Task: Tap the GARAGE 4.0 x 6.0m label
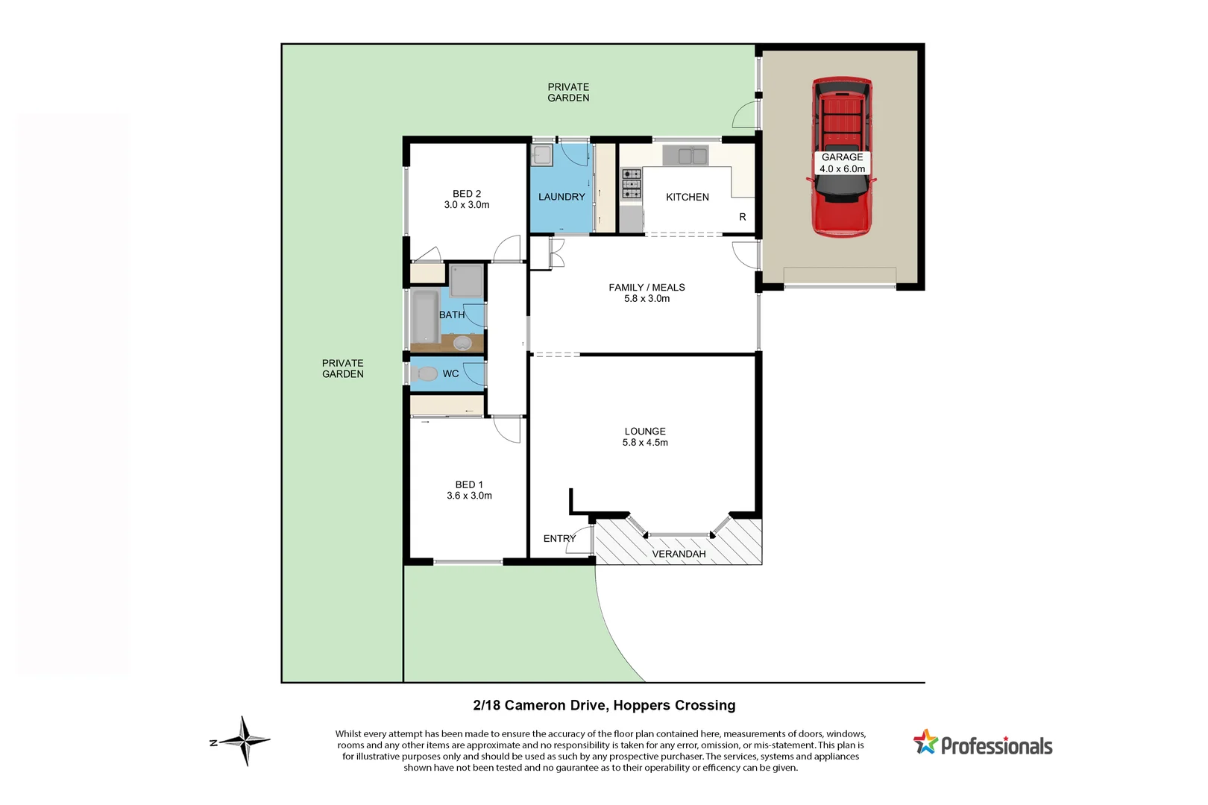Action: [842, 162]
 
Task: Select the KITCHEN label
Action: [687, 198]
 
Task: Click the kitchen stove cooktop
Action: [631, 184]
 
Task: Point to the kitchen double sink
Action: [685, 156]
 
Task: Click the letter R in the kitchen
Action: [742, 217]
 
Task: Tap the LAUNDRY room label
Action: [561, 197]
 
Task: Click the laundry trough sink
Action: [541, 156]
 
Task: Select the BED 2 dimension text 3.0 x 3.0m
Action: [467, 205]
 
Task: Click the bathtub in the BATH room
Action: [425, 316]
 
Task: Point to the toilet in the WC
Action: [427, 373]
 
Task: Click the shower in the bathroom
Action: [467, 281]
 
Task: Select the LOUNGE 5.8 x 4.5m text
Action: [645, 437]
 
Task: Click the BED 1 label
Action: [469, 484]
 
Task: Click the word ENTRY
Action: [559, 538]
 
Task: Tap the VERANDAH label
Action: [679, 554]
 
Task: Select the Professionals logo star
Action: [925, 742]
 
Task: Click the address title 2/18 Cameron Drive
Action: [604, 705]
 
